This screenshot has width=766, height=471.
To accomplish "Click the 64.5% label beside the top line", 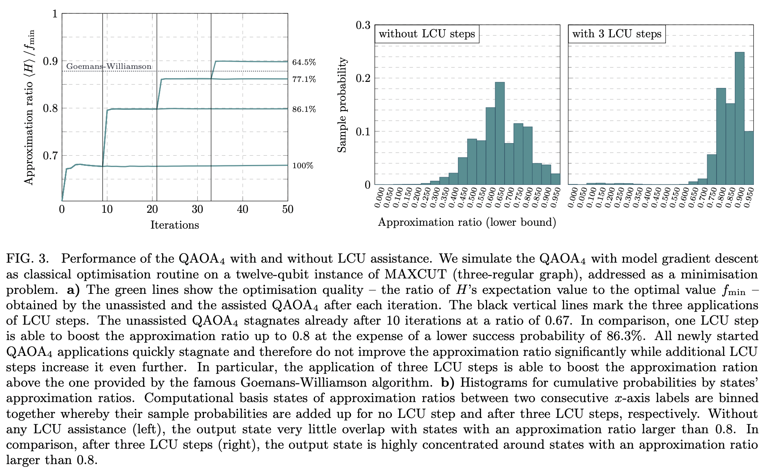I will point(304,62).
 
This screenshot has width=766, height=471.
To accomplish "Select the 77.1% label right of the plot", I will point(304,79).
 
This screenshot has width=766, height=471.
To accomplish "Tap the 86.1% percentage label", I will point(304,109).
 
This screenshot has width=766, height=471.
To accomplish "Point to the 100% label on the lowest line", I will point(302,166).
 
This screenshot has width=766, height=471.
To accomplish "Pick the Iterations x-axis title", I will point(175,225).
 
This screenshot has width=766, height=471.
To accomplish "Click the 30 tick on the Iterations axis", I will point(197,210).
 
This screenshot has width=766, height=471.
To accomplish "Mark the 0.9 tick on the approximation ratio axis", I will point(50,61).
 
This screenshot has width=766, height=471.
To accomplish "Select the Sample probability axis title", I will point(342,105).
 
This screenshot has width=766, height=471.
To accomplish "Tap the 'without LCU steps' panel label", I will point(427,34).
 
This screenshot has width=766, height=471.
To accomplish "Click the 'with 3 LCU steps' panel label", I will point(616,34).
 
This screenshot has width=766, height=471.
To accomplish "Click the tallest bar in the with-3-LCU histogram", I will point(740,118).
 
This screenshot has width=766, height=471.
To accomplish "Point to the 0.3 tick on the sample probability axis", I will point(363,25).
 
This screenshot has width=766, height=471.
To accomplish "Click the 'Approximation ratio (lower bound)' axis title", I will point(467,222).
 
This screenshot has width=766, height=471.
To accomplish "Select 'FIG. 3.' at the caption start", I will point(27,259).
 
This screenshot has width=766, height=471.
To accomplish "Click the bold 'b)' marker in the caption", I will point(449,383).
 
